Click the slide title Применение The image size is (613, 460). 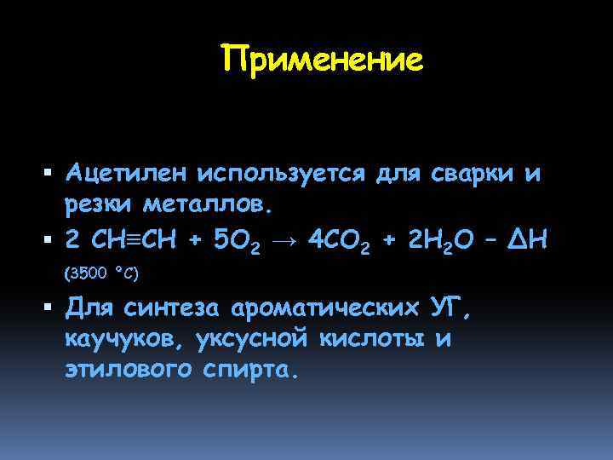[321, 60]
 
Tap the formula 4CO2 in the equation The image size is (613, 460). [339, 242]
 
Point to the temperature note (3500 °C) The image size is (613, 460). [101, 273]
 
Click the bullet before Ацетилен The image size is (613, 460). [49, 175]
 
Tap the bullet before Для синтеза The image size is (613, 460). [49, 307]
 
